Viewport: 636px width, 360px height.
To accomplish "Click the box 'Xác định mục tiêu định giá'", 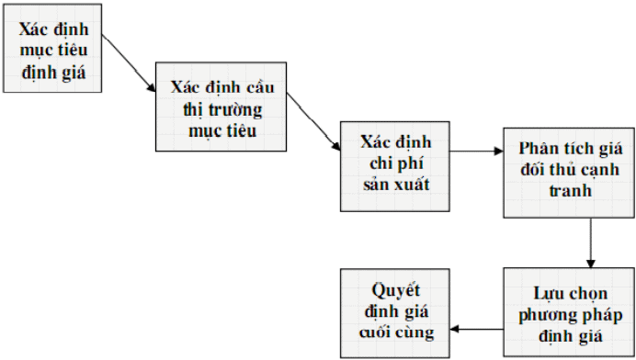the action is (52, 49).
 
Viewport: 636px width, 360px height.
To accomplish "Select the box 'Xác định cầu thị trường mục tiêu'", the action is (221, 107).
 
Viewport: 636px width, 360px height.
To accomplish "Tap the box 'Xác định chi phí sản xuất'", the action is (395, 166).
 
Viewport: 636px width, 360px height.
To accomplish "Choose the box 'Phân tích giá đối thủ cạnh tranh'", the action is (569, 173).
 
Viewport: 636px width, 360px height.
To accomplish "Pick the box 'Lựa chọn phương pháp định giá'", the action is (569, 312).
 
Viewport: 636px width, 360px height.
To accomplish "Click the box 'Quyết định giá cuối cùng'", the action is (395, 313).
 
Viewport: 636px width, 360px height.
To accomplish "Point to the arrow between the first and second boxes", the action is (129, 63).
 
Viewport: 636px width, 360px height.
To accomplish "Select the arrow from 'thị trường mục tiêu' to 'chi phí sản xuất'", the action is (313, 121).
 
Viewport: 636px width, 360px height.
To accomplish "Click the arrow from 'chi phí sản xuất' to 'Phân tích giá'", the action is (477, 152).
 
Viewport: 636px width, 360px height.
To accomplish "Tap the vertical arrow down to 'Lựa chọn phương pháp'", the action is (591, 242).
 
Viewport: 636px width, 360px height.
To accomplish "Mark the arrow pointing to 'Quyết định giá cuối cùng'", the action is (477, 329).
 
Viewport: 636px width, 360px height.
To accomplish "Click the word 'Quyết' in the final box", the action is (395, 291).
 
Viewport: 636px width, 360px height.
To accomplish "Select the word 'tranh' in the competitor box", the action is (571, 190).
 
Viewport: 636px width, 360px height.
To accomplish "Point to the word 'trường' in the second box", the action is (235, 110).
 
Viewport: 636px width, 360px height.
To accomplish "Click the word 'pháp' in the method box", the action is (603, 316).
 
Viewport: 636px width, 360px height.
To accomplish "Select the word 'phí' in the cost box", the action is (411, 163).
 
